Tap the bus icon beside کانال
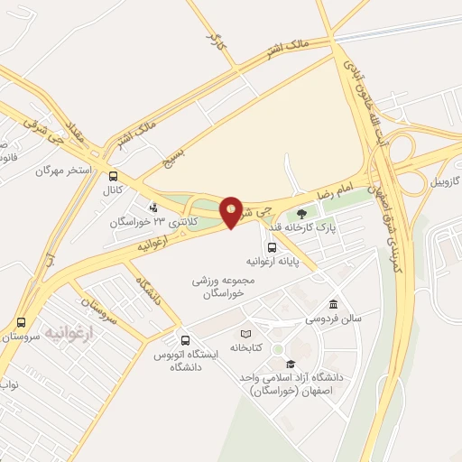pos(113,177)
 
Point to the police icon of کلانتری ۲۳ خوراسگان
pos(152,208)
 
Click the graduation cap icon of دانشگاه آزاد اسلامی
pos(290,363)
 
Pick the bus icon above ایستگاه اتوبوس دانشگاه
pos(185,340)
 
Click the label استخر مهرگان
pos(65,170)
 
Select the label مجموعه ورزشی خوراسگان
pos(224,286)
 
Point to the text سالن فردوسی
pos(307,319)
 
